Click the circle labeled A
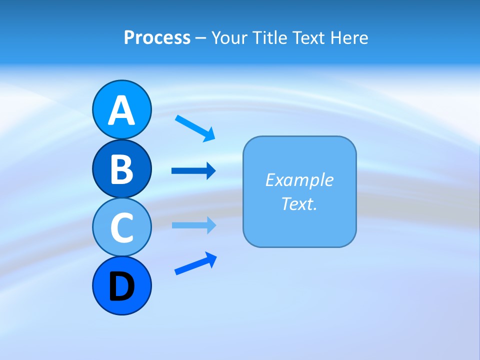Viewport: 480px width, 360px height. pyautogui.click(x=121, y=109)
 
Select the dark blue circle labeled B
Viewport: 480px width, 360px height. pyautogui.click(x=121, y=168)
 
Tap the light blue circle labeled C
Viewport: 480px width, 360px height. pyautogui.click(x=121, y=227)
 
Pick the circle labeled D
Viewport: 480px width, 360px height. pyautogui.click(x=121, y=285)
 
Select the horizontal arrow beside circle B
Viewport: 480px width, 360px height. pyautogui.click(x=193, y=171)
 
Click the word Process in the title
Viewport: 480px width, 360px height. pyautogui.click(x=157, y=37)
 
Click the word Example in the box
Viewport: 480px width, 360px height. pyautogui.click(x=299, y=179)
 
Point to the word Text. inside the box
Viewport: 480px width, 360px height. pyautogui.click(x=299, y=203)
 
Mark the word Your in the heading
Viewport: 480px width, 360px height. pyautogui.click(x=230, y=37)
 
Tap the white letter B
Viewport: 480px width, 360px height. pyautogui.click(x=121, y=168)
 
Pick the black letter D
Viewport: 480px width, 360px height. pyautogui.click(x=121, y=286)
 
